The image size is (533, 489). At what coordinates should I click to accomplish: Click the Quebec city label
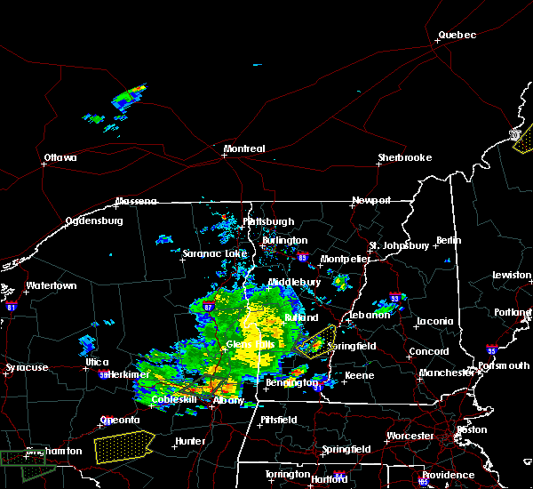pos(457,36)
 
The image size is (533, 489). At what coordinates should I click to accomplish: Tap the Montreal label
pos(244,148)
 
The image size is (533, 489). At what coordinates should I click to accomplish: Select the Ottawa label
pos(60,158)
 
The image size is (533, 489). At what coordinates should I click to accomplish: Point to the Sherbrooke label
pos(404,157)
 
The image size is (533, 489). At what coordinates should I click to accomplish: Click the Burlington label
pos(284,240)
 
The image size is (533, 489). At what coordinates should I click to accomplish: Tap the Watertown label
pos(52,286)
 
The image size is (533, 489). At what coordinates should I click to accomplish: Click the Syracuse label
pos(26,367)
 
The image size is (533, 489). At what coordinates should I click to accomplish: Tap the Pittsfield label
pos(282,418)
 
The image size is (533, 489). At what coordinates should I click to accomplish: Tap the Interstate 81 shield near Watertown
pos(11,305)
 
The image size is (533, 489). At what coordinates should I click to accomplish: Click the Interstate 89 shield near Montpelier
pos(303,258)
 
